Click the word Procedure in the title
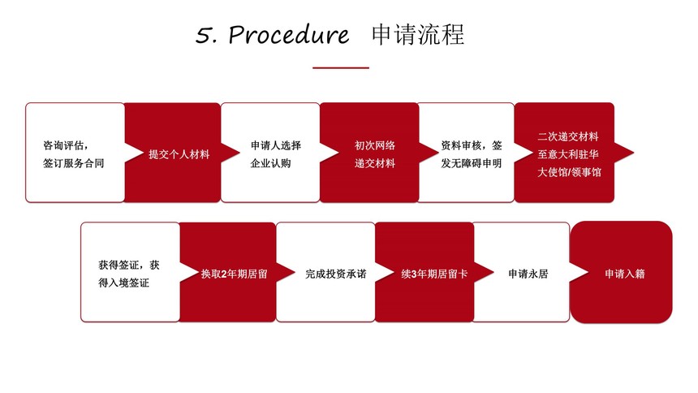pyautogui.click(x=288, y=35)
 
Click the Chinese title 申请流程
pyautogui.click(x=418, y=34)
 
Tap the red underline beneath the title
pyautogui.click(x=341, y=67)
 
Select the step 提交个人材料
pyautogui.click(x=179, y=154)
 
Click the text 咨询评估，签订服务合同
pyautogui.click(x=73, y=154)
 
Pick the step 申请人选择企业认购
pyautogui.click(x=276, y=154)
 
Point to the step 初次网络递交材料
pyautogui.click(x=375, y=154)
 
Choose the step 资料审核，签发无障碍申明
pyautogui.click(x=472, y=154)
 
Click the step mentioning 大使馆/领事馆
pyautogui.click(x=569, y=154)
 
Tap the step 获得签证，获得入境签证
pyautogui.click(x=129, y=274)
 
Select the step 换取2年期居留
pyautogui.click(x=234, y=274)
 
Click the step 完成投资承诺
pyautogui.click(x=336, y=274)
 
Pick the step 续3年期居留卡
pyautogui.click(x=434, y=274)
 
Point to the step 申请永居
pyautogui.click(x=528, y=274)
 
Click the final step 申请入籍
pyautogui.click(x=625, y=274)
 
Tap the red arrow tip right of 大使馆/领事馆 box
pyautogui.click(x=633, y=153)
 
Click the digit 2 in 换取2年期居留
pyautogui.click(x=224, y=274)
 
